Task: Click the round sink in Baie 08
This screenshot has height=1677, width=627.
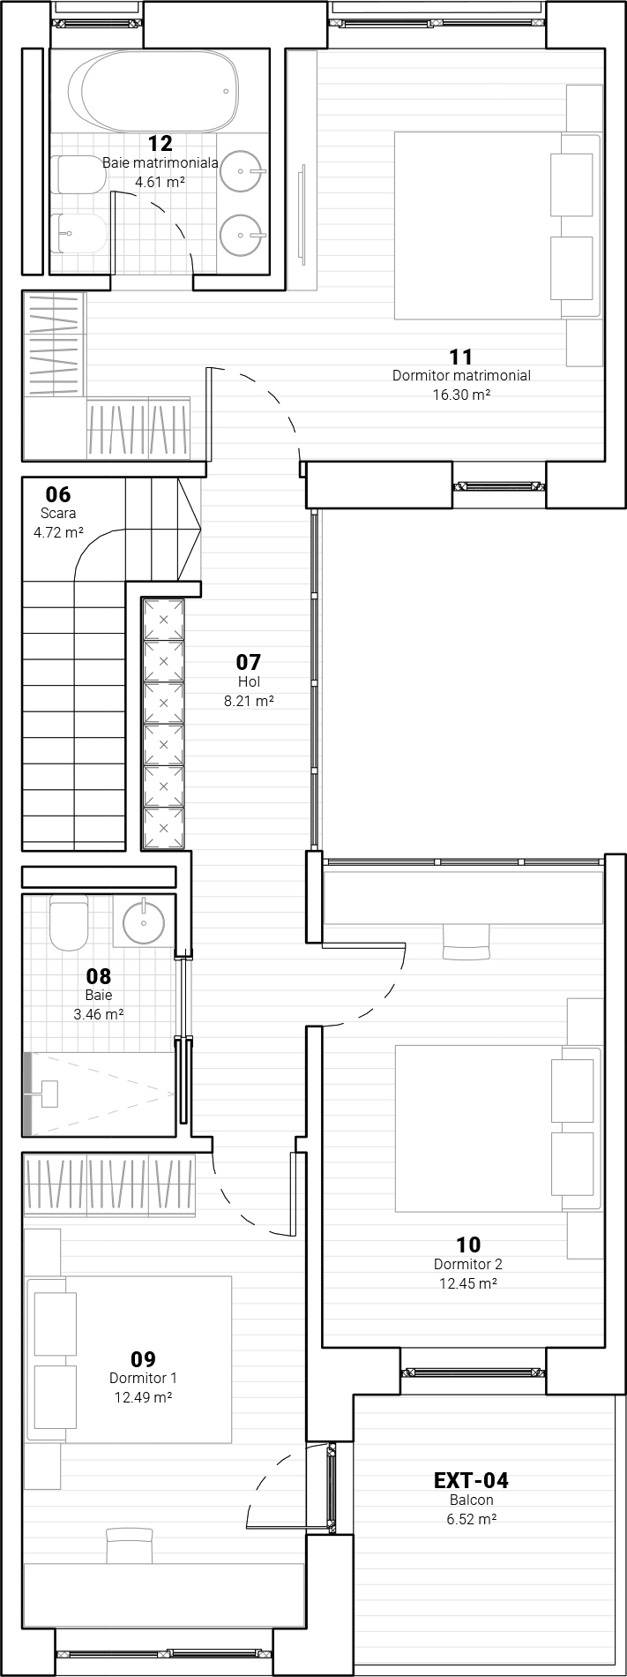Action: pyautogui.click(x=144, y=923)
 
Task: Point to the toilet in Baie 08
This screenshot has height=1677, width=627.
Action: pyautogui.click(x=69, y=922)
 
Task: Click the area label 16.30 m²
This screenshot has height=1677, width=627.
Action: pyautogui.click(x=461, y=395)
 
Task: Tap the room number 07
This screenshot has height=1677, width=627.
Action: pyautogui.click(x=249, y=661)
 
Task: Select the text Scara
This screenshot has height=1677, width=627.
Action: pyautogui.click(x=58, y=513)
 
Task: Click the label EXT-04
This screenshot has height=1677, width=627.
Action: pyautogui.click(x=471, y=1480)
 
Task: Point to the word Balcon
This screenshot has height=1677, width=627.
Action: pyautogui.click(x=471, y=1500)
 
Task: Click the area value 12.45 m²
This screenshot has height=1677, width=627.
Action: pyautogui.click(x=468, y=1284)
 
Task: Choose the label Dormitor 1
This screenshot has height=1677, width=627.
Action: pyautogui.click(x=143, y=1378)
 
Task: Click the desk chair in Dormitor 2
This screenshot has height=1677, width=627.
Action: pyautogui.click(x=466, y=941)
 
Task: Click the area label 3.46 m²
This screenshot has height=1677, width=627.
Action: pyautogui.click(x=98, y=1015)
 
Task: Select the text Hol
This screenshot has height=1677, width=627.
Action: pyautogui.click(x=249, y=681)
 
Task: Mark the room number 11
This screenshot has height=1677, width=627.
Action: pyautogui.click(x=461, y=357)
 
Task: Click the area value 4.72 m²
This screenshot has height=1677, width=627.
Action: pyautogui.click(x=58, y=532)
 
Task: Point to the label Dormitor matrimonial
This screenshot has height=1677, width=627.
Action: pyautogui.click(x=461, y=376)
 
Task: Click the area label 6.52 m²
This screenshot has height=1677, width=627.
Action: pyautogui.click(x=471, y=1519)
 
